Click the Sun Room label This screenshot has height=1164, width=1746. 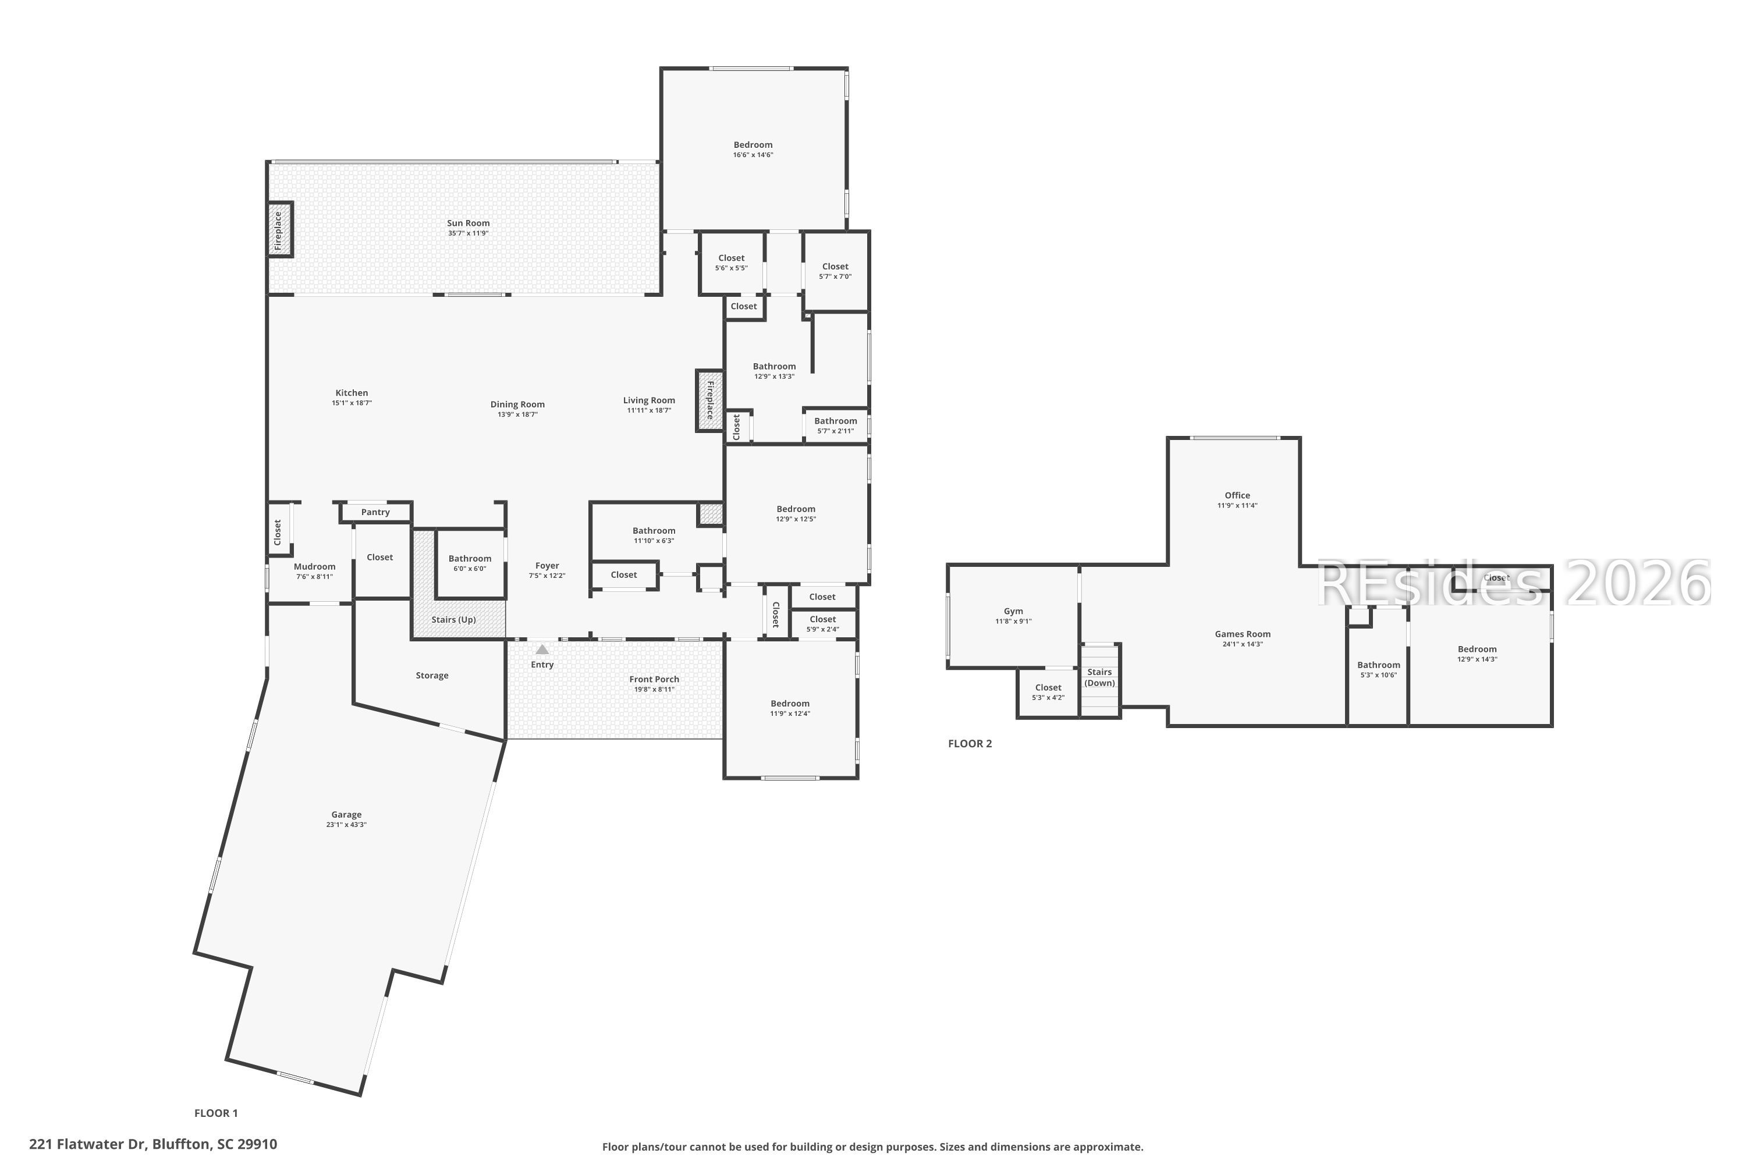click(x=469, y=223)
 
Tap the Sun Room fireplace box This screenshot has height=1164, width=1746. click(x=280, y=230)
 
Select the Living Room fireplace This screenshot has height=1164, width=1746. click(x=709, y=400)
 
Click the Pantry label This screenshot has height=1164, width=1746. click(x=375, y=512)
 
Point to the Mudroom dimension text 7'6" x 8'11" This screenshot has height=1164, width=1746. click(x=315, y=577)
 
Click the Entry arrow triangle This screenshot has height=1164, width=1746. click(x=542, y=650)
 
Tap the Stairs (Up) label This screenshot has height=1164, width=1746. click(x=453, y=620)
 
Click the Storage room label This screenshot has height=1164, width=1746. click(x=432, y=676)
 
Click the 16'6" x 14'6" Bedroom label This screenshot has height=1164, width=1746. click(x=753, y=145)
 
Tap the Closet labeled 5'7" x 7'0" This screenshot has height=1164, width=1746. click(x=835, y=267)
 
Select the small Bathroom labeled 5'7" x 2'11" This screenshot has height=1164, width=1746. click(x=835, y=421)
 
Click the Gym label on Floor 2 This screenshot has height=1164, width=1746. click(x=1013, y=612)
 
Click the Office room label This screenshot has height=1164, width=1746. click(x=1237, y=496)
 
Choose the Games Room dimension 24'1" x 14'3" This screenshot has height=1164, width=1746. click(x=1243, y=644)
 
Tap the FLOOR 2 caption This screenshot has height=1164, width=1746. click(x=970, y=744)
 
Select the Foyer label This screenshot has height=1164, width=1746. click(x=547, y=566)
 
